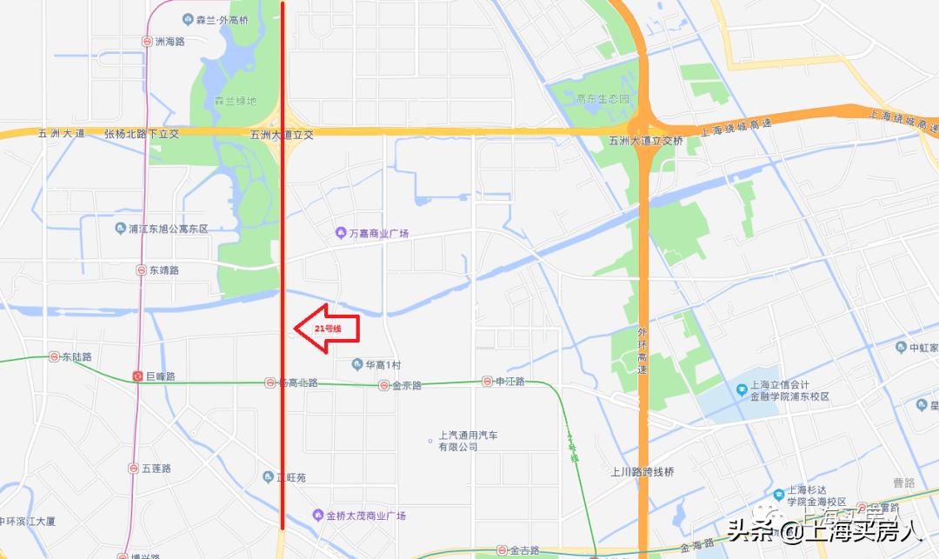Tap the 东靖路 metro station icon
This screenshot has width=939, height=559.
click(141, 270)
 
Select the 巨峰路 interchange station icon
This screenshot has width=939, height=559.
click(137, 376)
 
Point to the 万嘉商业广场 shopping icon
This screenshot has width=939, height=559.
click(341, 233)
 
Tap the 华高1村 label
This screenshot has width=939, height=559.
click(382, 364)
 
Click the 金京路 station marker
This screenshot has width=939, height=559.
click(383, 385)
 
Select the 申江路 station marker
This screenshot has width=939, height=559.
click(488, 382)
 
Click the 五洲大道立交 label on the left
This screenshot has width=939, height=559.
click(281, 135)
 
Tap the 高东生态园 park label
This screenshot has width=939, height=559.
click(603, 99)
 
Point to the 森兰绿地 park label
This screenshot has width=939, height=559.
click(236, 101)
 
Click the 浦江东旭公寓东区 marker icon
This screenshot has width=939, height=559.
click(120, 229)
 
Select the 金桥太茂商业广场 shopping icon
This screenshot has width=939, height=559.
click(318, 516)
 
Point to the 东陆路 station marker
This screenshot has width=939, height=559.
click(54, 356)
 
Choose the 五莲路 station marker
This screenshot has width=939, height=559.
click(133, 468)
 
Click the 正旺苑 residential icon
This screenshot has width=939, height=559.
click(269, 476)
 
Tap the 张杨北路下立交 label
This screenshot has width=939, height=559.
click(142, 134)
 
